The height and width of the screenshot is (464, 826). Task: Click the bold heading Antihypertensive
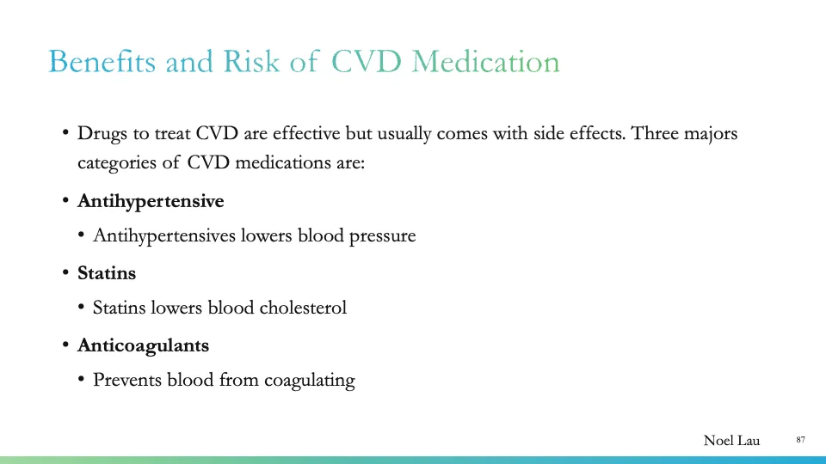click(x=151, y=201)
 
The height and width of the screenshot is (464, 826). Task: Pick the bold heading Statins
click(x=107, y=273)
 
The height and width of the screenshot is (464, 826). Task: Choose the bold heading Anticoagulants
click(x=143, y=345)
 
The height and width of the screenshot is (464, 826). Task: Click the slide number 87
click(x=800, y=440)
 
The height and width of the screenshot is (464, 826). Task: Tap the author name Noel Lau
click(x=731, y=441)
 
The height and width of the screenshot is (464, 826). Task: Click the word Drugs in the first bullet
click(x=101, y=134)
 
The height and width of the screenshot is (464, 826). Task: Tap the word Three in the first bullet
click(x=656, y=134)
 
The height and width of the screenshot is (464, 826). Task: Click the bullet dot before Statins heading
click(x=66, y=274)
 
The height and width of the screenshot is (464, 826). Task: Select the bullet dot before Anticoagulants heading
click(x=66, y=346)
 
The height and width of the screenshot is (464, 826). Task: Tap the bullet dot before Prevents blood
click(x=82, y=380)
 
